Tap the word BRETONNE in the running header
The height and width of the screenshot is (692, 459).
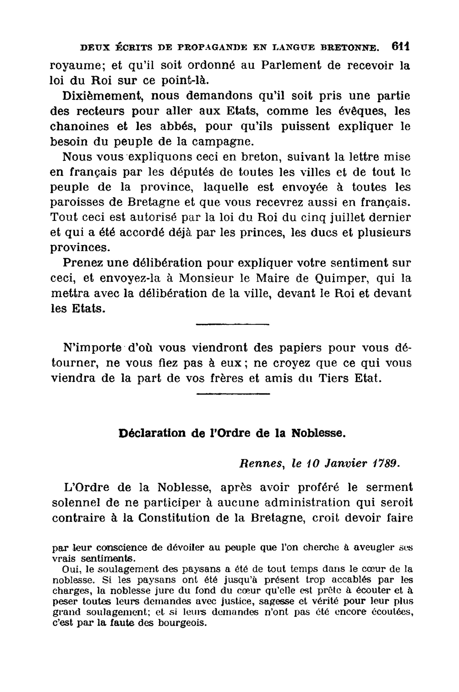coord(350,48)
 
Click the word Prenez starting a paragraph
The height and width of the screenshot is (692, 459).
coord(83,263)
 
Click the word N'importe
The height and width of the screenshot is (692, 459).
coord(92,347)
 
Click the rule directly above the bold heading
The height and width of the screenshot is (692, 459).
coord(233,394)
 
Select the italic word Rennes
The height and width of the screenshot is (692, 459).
coord(261,464)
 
